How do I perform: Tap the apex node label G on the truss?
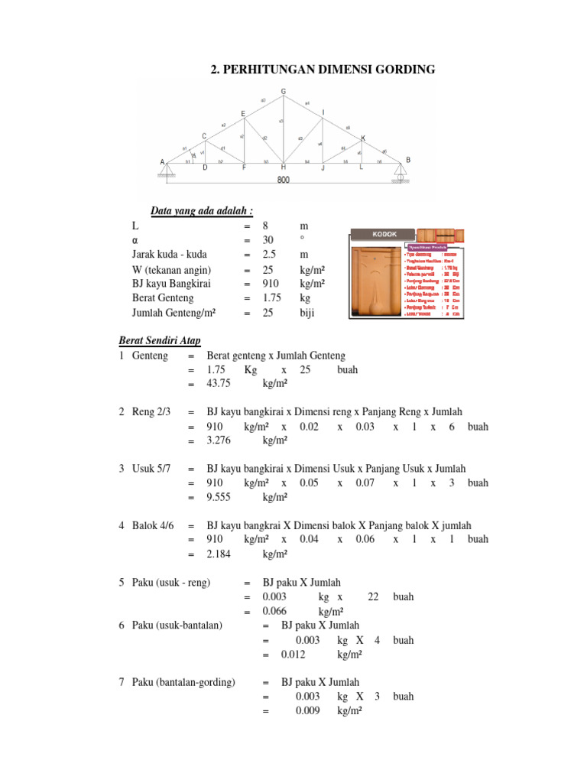284,92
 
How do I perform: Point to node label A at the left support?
162,162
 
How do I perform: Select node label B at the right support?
408,160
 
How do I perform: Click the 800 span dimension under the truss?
284,180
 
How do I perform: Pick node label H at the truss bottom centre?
284,167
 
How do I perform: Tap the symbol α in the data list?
135,240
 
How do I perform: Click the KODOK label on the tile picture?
382,234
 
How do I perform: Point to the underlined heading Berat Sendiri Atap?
160,340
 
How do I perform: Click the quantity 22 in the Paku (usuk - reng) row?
373,597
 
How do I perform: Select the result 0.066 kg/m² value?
274,612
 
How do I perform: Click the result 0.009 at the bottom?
307,711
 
